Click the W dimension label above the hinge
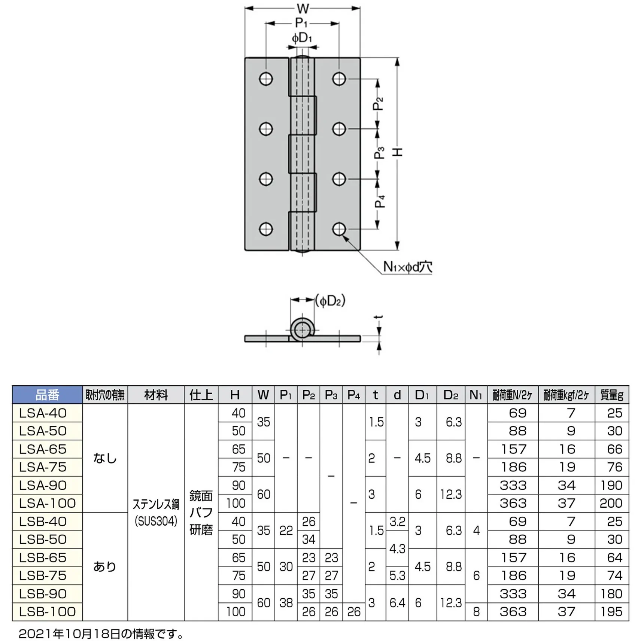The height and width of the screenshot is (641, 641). [x=303, y=8]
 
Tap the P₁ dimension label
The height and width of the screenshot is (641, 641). [x=301, y=23]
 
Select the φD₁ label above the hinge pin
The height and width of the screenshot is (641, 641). [x=302, y=38]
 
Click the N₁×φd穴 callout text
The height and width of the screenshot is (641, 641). [x=407, y=267]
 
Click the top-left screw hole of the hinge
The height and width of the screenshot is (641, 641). [x=266, y=79]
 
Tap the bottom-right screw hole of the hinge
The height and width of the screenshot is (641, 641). [x=339, y=229]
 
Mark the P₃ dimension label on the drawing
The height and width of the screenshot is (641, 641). [x=379, y=153]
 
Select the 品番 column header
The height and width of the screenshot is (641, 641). [x=47, y=395]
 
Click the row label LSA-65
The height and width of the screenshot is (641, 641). [x=43, y=449]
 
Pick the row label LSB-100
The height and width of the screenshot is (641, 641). [x=48, y=611]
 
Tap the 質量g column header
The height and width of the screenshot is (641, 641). [x=612, y=395]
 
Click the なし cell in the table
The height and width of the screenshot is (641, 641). [x=105, y=458]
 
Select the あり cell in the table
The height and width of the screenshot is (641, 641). [x=105, y=566]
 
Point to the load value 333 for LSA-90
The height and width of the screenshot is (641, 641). [x=513, y=485]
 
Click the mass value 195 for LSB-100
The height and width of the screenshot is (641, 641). [x=611, y=611]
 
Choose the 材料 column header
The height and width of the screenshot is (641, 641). [x=156, y=395]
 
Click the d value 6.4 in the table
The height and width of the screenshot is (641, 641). [x=397, y=603]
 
